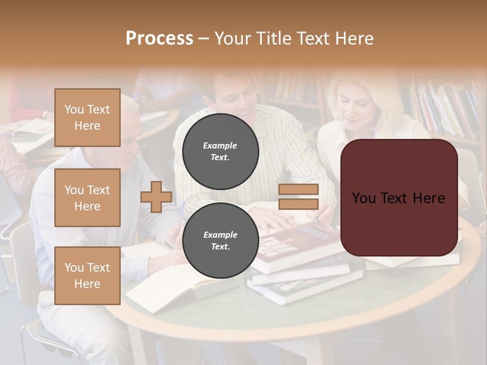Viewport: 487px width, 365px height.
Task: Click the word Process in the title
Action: click(x=159, y=39)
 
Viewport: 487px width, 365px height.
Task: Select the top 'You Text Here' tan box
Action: click(x=87, y=118)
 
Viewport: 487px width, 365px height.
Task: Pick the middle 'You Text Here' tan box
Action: click(x=87, y=198)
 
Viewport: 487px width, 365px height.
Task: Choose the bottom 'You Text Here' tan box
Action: click(x=87, y=275)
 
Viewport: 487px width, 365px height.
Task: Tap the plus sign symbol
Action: click(x=156, y=197)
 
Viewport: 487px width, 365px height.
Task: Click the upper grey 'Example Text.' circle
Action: click(x=220, y=152)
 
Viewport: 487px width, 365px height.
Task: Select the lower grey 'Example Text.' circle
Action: click(x=220, y=241)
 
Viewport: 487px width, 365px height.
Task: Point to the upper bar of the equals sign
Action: click(x=299, y=190)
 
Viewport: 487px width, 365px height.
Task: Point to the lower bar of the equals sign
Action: click(x=299, y=204)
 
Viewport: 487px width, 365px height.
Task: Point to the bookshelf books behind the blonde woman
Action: click(x=446, y=109)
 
